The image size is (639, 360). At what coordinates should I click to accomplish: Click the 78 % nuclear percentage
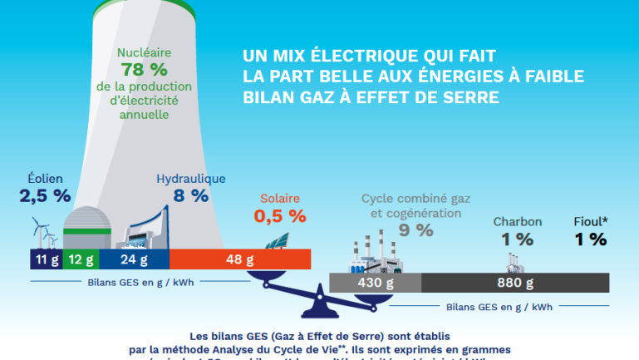coord(156,69)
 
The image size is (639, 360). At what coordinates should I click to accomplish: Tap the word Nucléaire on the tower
coord(155,51)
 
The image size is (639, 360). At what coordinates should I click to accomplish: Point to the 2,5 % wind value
coord(46,197)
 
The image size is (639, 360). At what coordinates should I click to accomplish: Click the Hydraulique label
coord(190,178)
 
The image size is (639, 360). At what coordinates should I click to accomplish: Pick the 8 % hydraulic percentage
coord(190,196)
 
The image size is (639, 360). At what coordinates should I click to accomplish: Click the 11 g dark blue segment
coord(46,259)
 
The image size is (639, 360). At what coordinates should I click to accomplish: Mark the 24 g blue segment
coord(133,259)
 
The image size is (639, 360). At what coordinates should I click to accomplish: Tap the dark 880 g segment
coord(514,284)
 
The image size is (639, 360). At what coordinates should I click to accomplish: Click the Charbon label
coord(518,221)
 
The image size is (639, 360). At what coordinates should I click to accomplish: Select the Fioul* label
coord(591,221)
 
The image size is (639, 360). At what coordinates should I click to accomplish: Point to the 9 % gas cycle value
coord(415,230)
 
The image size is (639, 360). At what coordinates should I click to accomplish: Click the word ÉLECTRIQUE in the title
coord(368,57)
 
